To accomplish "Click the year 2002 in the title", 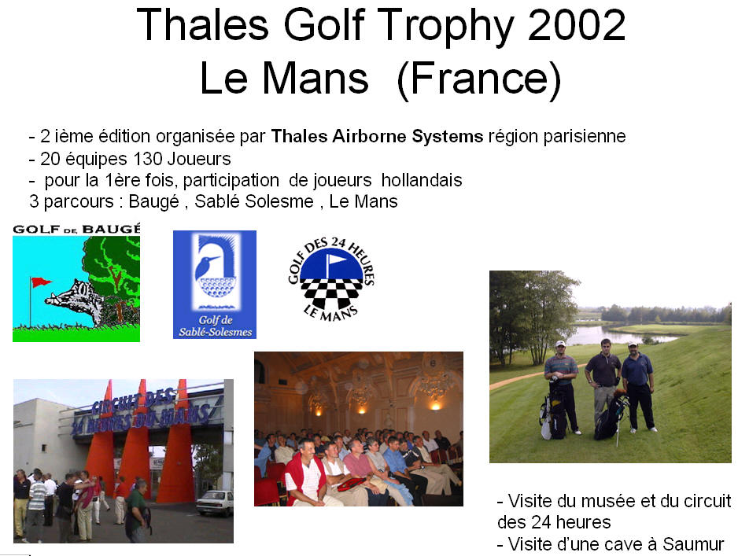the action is pyautogui.click(x=577, y=25).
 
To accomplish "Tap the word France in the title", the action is pyautogui.click(x=479, y=79).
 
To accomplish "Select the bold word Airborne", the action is pyautogui.click(x=370, y=136).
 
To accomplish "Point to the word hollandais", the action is pyautogui.click(x=422, y=180).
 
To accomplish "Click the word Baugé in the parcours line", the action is pyautogui.click(x=154, y=202).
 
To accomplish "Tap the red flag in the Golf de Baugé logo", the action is pyautogui.click(x=41, y=282).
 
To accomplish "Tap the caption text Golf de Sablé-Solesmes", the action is pyautogui.click(x=215, y=326).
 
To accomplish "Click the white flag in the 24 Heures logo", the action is pyautogui.click(x=336, y=260).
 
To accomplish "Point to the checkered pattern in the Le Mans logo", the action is pyautogui.click(x=331, y=293).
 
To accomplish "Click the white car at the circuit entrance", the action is pyautogui.click(x=215, y=503).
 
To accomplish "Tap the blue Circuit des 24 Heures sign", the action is pyautogui.click(x=141, y=411).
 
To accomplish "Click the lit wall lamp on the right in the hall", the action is pyautogui.click(x=435, y=405).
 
